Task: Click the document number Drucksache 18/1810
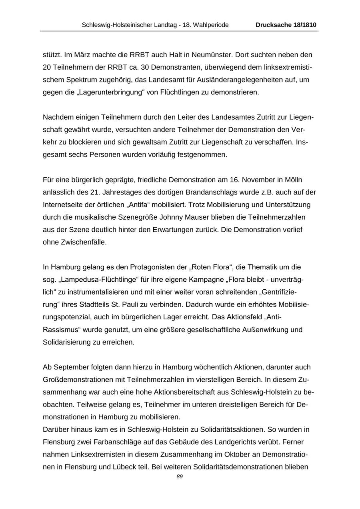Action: (286, 25)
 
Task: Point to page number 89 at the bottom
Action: (180, 476)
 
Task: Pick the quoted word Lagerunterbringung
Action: (109, 92)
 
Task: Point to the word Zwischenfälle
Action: (87, 242)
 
